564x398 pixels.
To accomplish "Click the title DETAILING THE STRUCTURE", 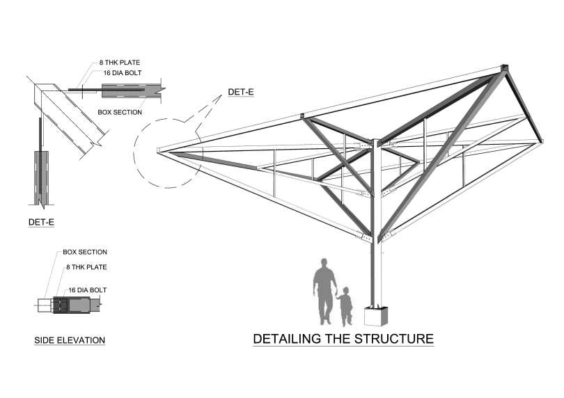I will pyautogui.click(x=343, y=340).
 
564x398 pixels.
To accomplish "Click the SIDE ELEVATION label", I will pyautogui.click(x=70, y=340).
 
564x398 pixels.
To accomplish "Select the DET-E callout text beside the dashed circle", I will pyautogui.click(x=241, y=91).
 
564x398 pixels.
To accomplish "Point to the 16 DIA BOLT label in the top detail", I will pyautogui.click(x=122, y=72).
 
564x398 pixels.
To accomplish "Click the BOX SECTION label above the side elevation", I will pyautogui.click(x=85, y=252).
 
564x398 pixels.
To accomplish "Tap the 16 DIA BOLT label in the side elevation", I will pyautogui.click(x=87, y=290).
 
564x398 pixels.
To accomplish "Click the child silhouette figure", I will pyautogui.click(x=345, y=305).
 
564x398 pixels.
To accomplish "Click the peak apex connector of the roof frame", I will pyautogui.click(x=504, y=69).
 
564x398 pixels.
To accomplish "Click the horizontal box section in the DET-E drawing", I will pyautogui.click(x=131, y=90).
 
